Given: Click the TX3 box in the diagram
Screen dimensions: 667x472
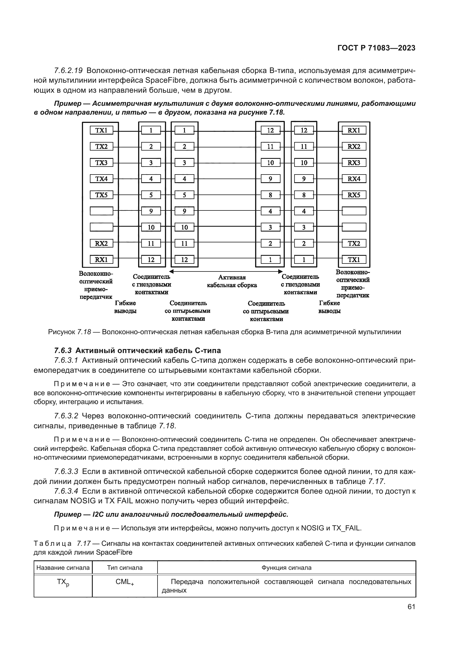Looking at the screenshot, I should (101, 163).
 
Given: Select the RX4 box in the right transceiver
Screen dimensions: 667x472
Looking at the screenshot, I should (354, 179).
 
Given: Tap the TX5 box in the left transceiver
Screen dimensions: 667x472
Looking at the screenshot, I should (101, 195).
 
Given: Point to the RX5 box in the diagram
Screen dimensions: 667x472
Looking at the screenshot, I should (354, 195).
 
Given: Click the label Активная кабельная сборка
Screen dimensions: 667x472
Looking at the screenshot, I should (232, 281).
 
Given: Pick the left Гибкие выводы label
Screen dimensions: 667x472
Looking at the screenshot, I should (125, 307).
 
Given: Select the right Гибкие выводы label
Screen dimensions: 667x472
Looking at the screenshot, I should (329, 307).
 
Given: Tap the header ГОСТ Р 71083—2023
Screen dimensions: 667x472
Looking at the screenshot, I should (376, 48).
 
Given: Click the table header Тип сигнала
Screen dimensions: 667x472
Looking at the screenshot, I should (125, 568).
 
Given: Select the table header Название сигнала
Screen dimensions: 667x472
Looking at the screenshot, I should (63, 568).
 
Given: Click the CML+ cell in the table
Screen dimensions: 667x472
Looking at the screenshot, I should (125, 582).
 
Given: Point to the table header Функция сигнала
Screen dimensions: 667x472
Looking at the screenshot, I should (286, 568).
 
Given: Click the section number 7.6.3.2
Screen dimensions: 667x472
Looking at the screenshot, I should (66, 416).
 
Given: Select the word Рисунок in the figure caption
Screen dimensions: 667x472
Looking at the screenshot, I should (62, 332).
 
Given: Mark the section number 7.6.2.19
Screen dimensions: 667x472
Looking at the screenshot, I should (68, 71).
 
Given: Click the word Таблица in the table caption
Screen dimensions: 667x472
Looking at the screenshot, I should (53, 543).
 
